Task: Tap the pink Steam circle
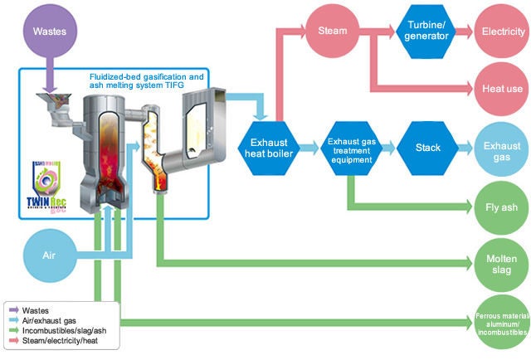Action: click(x=332, y=32)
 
